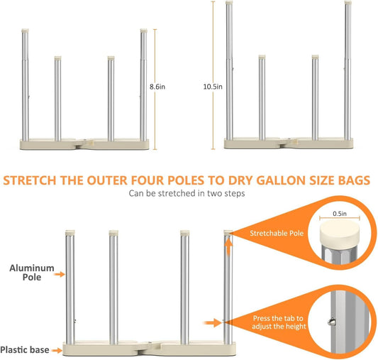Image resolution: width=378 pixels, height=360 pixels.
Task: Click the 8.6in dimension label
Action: [157, 87]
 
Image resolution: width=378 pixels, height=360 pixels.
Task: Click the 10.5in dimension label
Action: [213, 87]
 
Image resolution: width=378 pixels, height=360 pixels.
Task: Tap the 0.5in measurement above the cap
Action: [340, 214]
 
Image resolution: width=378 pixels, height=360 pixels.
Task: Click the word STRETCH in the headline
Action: [30, 180]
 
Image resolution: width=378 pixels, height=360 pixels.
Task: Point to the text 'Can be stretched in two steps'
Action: [187, 194]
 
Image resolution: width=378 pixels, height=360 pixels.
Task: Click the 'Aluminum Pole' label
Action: [32, 273]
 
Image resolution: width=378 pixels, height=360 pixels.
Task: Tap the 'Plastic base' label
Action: [25, 350]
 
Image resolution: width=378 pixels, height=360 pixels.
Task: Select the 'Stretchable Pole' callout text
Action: [277, 233]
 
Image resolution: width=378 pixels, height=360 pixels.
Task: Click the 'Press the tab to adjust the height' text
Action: [279, 322]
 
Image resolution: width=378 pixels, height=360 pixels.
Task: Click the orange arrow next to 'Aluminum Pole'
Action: [60, 274]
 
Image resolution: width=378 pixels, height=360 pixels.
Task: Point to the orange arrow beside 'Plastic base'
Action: [57, 350]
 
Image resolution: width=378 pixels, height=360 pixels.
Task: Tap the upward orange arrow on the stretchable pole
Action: [228, 246]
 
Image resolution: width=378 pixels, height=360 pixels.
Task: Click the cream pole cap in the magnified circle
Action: [340, 234]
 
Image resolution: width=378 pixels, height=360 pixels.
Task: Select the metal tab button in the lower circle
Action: [332, 322]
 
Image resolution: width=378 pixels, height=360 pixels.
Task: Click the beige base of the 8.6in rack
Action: [84, 144]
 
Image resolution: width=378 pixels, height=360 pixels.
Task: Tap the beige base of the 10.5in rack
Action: [289, 143]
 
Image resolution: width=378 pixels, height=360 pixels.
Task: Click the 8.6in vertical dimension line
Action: [155, 89]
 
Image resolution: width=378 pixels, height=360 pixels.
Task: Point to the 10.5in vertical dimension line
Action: [213, 75]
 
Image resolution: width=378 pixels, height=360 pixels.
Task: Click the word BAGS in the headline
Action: [354, 180]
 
